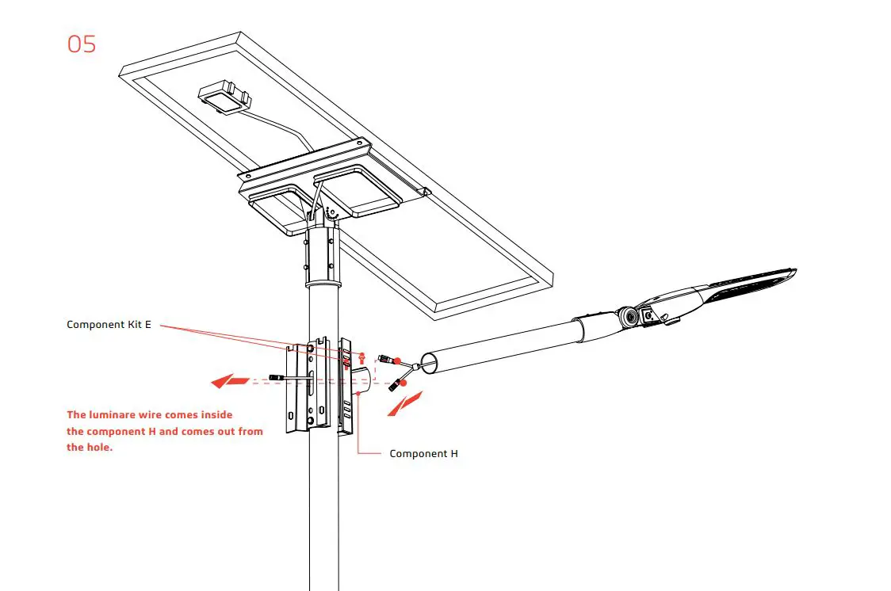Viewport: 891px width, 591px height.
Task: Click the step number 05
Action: click(x=82, y=44)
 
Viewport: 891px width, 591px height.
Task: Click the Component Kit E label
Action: click(x=109, y=325)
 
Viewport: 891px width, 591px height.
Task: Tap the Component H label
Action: click(x=423, y=454)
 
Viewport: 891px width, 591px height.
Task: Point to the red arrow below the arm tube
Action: click(x=404, y=402)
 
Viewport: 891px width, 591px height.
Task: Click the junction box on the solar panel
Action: click(x=226, y=97)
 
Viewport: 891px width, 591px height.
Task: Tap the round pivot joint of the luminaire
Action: click(x=630, y=316)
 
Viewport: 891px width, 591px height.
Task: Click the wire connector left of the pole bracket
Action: click(x=277, y=378)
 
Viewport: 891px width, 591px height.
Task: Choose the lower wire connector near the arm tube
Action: click(x=394, y=386)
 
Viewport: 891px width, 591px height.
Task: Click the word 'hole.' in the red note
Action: click(x=80, y=447)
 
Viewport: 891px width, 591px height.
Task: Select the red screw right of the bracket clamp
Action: click(x=362, y=357)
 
